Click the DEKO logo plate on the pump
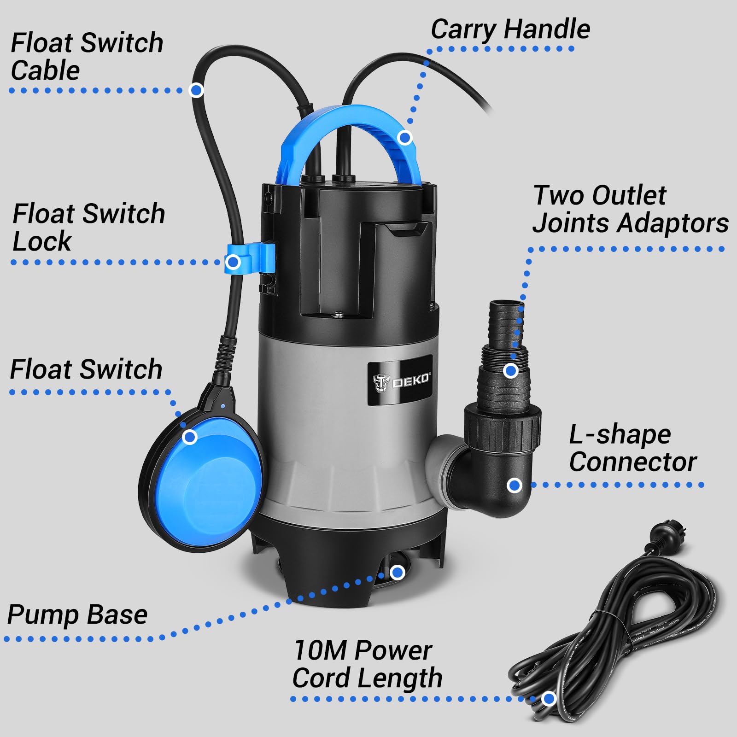(x=400, y=380)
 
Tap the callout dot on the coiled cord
(x=548, y=699)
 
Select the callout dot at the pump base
(x=397, y=573)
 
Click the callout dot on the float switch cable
(x=196, y=90)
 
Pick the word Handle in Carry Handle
(x=547, y=29)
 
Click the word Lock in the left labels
(x=41, y=241)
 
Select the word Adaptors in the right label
(x=673, y=223)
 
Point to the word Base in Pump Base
(x=117, y=615)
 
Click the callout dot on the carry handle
(x=404, y=137)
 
